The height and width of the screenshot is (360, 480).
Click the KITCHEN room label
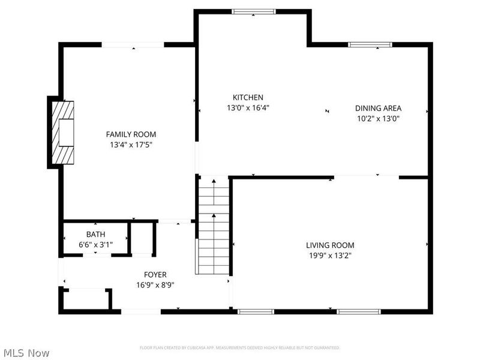pos(248,97)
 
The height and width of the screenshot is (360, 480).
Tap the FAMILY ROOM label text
pos(131,134)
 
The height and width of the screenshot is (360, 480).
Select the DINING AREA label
pos(378,108)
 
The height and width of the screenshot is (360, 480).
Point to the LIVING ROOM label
pos(330,245)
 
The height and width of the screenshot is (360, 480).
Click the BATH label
pos(95,234)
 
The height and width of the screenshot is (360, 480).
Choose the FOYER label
pos(155,275)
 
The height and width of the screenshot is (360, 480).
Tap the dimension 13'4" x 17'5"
pos(131,145)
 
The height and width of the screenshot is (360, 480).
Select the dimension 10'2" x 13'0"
pos(378,118)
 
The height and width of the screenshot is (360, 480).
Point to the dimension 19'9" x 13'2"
pos(330,256)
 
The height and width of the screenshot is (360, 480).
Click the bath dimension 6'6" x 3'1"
pos(95,244)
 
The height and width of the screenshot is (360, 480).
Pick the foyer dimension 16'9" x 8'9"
pos(155,285)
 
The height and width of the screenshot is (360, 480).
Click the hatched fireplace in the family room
pos(64,133)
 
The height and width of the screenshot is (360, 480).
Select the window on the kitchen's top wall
pos(254,11)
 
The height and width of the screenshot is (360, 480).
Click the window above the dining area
pos(370,44)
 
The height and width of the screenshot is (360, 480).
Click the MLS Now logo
pos(26,353)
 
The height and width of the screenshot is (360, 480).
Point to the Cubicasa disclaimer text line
pos(240,347)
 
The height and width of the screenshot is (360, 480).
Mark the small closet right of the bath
pos(143,239)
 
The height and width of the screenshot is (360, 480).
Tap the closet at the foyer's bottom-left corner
pos(85,299)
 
